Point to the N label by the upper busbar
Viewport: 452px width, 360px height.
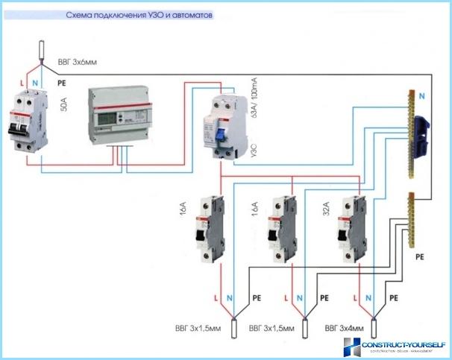pyautogui.click(x=421, y=96)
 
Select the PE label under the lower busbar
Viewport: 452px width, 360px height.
pyautogui.click(x=419, y=256)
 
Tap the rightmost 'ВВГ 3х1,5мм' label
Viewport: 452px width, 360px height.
pyautogui.click(x=271, y=328)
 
